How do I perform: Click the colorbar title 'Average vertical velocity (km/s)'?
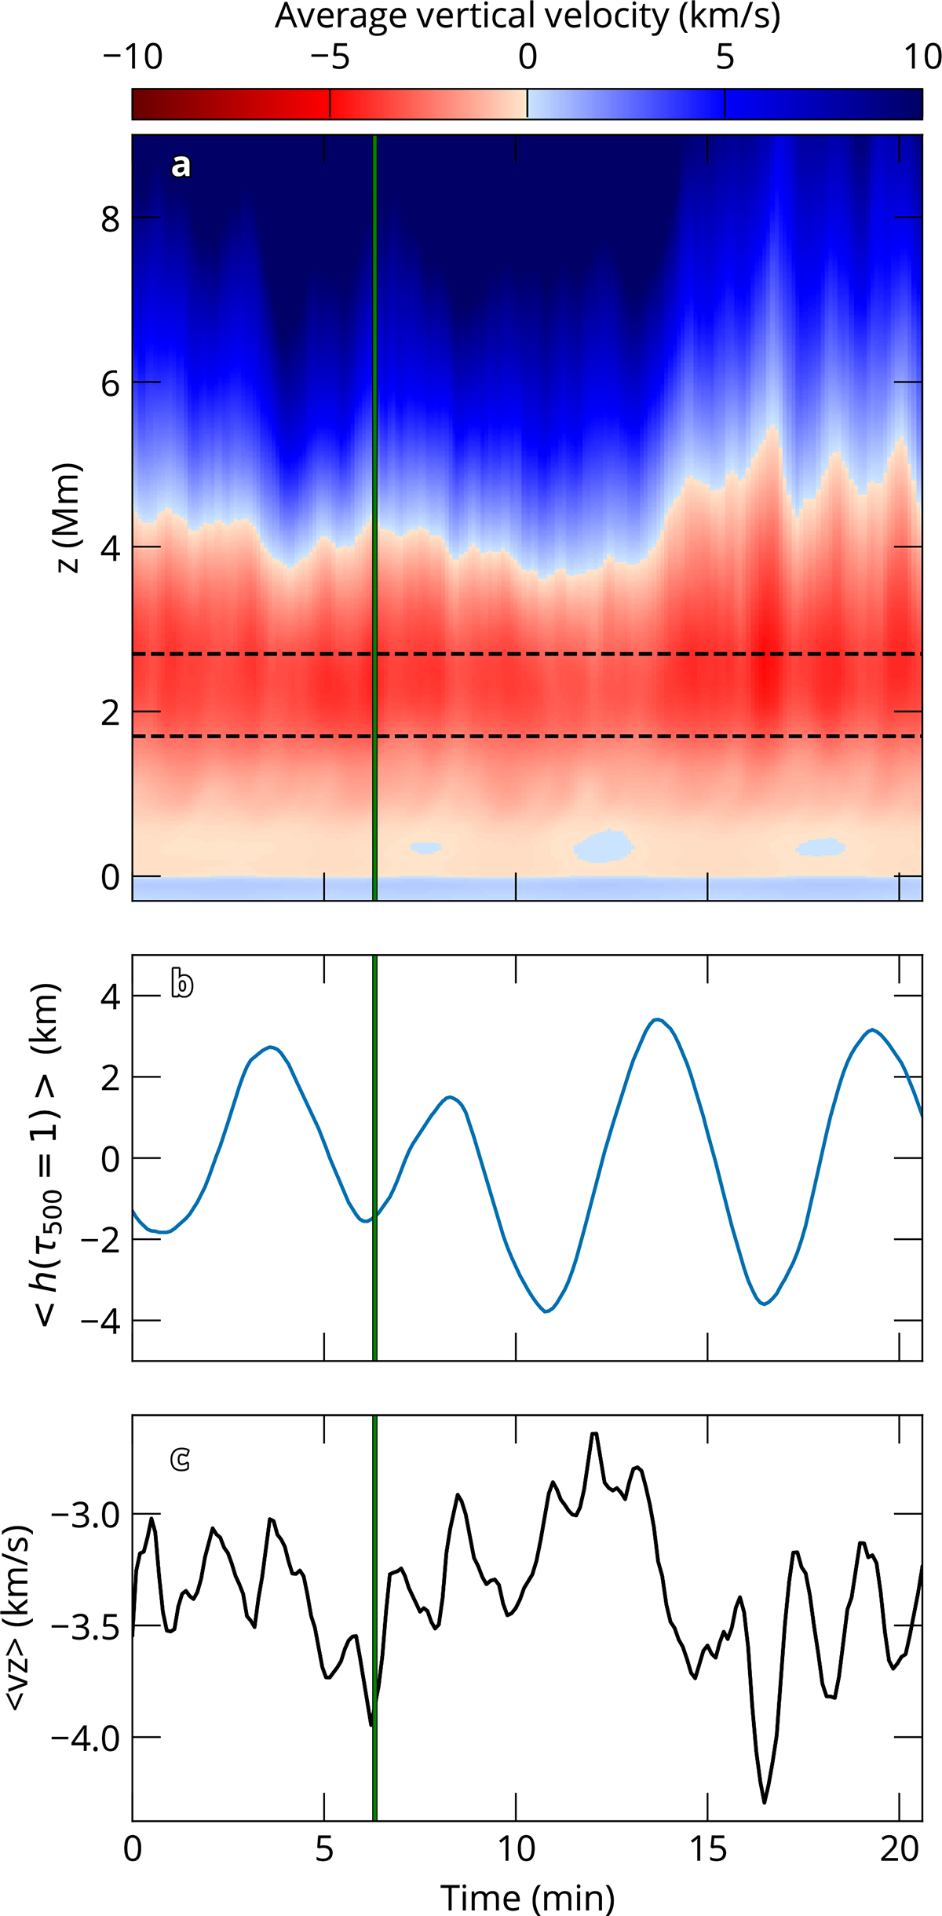click(528, 16)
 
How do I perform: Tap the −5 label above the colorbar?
click(330, 57)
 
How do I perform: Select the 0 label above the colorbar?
click(528, 57)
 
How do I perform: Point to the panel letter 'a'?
click(181, 166)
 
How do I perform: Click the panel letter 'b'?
click(182, 984)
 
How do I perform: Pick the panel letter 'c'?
click(181, 1459)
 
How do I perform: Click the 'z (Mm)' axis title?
click(69, 518)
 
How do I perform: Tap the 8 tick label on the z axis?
click(110, 219)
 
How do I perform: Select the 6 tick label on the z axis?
click(110, 384)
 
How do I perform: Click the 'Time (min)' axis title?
click(528, 1897)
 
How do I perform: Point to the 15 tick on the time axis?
click(708, 1849)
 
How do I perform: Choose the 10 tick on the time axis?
click(517, 1849)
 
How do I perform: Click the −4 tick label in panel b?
click(100, 1322)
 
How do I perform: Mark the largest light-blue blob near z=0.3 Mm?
click(604, 846)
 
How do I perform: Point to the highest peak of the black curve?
click(594, 1434)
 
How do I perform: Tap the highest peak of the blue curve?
click(658, 1019)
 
